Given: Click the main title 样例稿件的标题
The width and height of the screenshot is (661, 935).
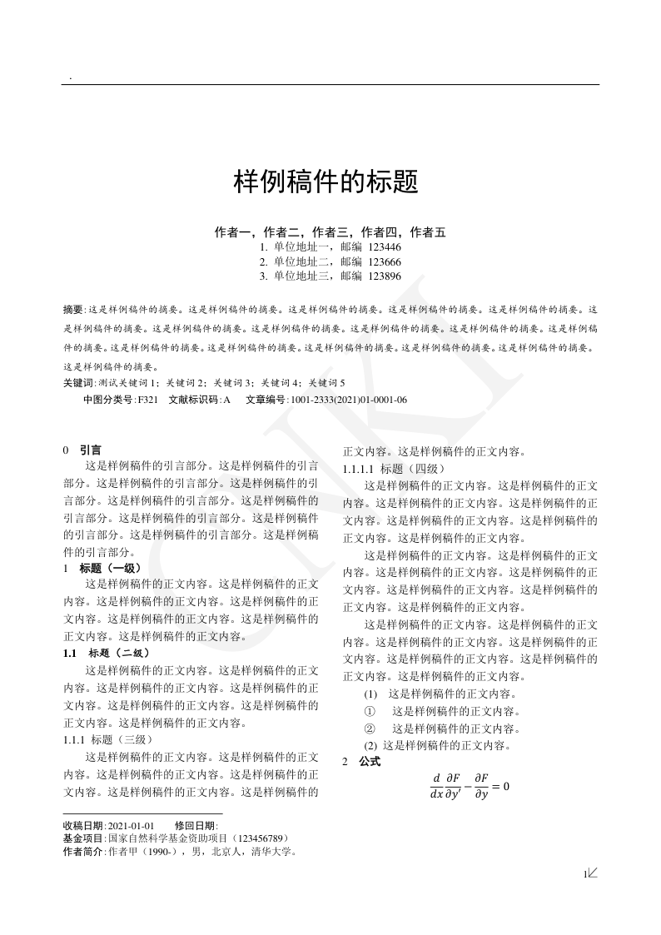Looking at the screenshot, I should [x=325, y=182].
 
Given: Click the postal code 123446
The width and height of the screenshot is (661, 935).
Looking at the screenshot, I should [x=385, y=247].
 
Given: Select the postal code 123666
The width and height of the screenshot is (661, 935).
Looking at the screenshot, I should [x=385, y=261].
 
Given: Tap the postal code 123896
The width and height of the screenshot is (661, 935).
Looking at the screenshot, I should [x=385, y=276].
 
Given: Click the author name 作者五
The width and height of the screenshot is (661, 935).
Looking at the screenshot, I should [x=428, y=232].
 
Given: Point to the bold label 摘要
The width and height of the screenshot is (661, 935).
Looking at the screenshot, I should [x=73, y=308].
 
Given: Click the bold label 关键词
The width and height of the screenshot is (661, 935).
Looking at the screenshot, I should [x=78, y=383].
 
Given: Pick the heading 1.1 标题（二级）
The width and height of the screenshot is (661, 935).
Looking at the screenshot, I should [x=107, y=653].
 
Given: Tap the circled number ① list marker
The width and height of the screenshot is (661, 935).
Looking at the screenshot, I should [x=370, y=711].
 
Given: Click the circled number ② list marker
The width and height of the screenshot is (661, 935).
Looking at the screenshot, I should [x=370, y=729].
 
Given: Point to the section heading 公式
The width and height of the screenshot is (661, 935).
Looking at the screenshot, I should [x=370, y=762].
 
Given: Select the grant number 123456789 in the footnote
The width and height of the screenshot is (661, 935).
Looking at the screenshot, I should [x=261, y=838].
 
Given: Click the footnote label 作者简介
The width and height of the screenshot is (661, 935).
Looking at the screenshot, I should [x=82, y=852].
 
